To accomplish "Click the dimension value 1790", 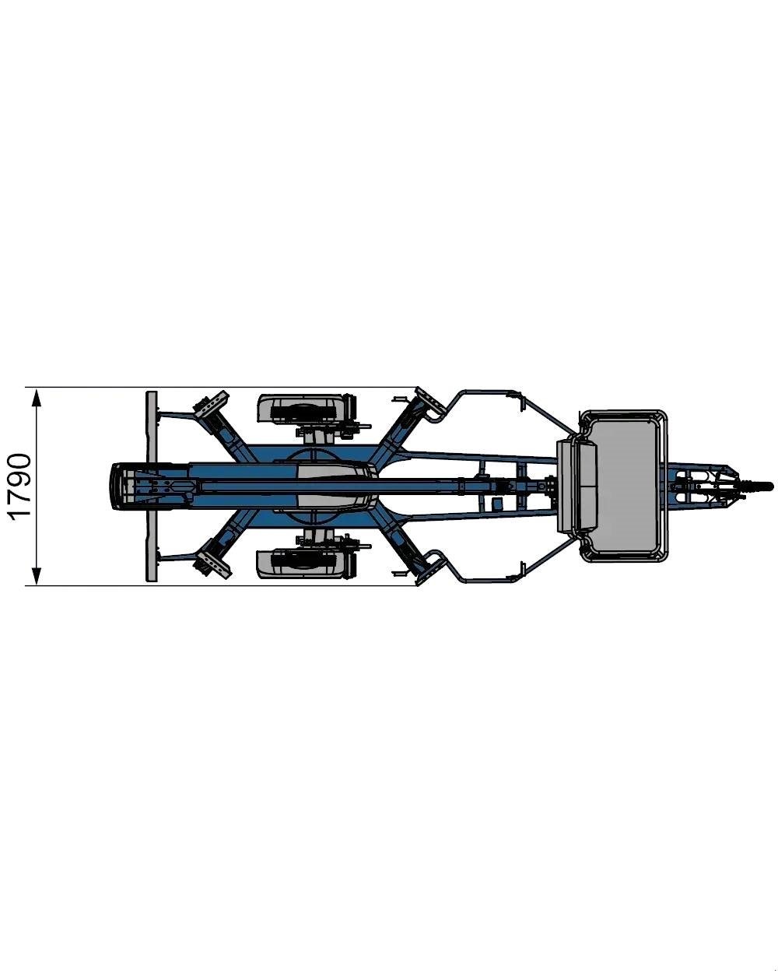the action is pos(20,486).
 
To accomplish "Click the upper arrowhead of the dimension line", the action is pos(37,399).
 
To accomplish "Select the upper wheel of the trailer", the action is pos(306,409).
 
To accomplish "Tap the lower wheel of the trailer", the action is pos(306,564).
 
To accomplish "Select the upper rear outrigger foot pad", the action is pos(211,406).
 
